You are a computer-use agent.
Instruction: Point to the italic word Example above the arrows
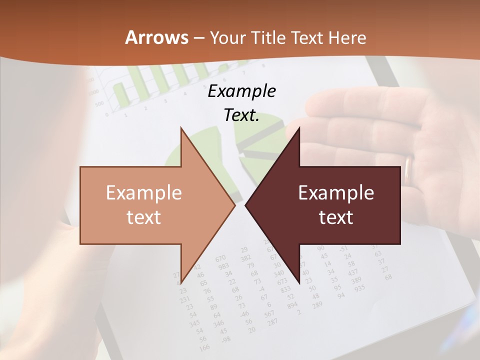(241, 91)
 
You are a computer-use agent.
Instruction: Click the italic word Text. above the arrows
(241, 115)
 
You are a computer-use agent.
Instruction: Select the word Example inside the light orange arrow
(144, 193)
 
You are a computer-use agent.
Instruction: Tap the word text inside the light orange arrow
(144, 217)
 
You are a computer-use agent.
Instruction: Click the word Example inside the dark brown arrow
(336, 193)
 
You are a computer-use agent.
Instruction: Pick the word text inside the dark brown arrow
(336, 217)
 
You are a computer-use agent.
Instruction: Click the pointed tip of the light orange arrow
(234, 205)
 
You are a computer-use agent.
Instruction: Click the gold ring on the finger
(409, 170)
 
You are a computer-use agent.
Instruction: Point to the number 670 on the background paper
(221, 258)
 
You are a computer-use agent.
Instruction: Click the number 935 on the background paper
(359, 288)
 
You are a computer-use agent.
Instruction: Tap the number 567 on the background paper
(269, 313)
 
